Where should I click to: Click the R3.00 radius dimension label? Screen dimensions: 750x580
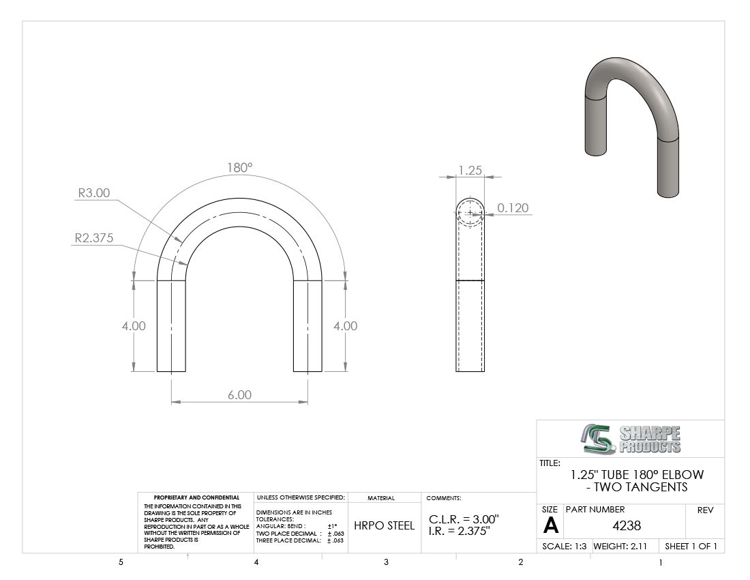(94, 193)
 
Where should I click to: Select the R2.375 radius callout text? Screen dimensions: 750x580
(94, 238)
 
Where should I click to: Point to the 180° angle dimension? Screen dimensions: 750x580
(239, 167)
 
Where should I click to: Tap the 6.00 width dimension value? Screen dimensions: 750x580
(239, 395)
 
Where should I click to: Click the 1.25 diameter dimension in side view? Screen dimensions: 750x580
(470, 171)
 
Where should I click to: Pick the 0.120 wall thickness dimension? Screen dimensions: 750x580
(513, 207)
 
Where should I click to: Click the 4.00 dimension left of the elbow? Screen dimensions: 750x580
(134, 326)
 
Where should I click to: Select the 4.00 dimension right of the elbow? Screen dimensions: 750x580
(346, 326)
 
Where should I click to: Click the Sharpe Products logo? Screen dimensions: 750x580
(631, 439)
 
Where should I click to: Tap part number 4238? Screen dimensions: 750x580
(627, 526)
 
